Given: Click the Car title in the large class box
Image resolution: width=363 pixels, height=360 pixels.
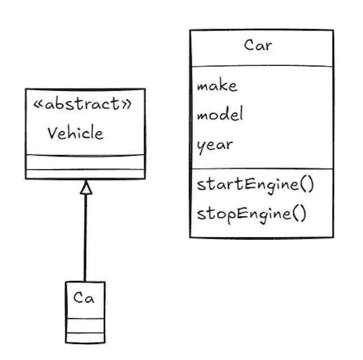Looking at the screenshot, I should pos(258,45).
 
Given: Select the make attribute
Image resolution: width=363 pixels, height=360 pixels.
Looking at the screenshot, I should pos(217,86).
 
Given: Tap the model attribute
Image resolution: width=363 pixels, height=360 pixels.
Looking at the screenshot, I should pos(220,115).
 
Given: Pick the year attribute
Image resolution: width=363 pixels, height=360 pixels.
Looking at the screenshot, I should pos(214,145).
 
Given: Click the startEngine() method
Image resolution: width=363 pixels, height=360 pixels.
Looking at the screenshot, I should pos(255,185).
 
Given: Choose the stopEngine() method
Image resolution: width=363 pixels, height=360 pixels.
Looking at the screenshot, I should pos(251,214).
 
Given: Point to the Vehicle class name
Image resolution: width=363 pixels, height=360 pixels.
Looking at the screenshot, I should pos(75,133).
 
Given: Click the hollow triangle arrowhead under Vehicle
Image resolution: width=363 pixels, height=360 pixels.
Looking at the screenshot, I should pos(86,187).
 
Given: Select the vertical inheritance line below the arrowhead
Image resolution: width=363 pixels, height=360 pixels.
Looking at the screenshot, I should pos(86,238).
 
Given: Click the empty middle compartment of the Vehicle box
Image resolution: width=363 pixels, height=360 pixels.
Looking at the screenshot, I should pos(85,162).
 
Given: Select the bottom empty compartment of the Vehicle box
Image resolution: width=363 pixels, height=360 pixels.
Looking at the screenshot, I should pos(85,174).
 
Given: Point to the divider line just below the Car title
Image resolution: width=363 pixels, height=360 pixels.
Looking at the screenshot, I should pos(261,66).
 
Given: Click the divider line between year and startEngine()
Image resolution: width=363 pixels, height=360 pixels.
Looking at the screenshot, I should pos(261,169).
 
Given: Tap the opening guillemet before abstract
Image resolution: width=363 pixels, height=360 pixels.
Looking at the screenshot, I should pos(39,104).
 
